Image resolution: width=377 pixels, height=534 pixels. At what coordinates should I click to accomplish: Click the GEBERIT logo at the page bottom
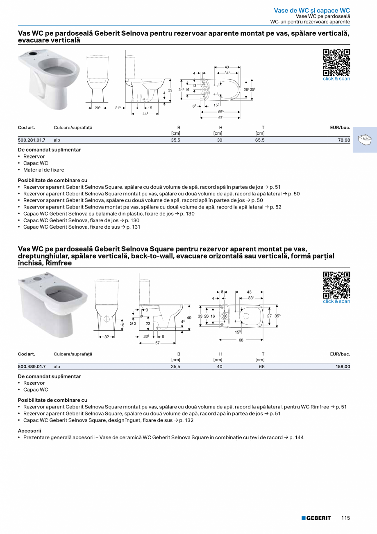(316, 518)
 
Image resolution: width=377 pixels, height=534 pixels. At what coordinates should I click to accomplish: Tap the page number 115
(345, 518)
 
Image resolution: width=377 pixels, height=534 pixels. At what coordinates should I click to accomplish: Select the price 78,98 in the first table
(342, 140)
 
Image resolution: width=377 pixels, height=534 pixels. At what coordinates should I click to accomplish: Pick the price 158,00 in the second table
(341, 367)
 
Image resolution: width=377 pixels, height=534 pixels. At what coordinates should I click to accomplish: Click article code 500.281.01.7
(32, 140)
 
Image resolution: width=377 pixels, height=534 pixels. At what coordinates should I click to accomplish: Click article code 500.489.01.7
(32, 367)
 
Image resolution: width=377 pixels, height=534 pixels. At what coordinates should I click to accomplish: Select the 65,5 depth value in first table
(260, 140)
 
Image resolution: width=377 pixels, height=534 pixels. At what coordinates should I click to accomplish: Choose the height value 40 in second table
(220, 367)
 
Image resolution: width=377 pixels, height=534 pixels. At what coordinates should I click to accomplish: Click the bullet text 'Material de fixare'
(44, 170)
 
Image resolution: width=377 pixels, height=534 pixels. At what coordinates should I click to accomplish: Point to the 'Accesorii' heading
(30, 431)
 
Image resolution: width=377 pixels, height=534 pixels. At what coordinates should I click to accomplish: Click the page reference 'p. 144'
(296, 438)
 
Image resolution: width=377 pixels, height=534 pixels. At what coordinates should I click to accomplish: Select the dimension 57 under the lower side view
(157, 343)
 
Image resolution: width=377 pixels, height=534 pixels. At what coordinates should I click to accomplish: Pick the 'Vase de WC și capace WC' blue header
(312, 10)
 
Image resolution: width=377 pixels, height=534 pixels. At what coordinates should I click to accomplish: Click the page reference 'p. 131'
(133, 227)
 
